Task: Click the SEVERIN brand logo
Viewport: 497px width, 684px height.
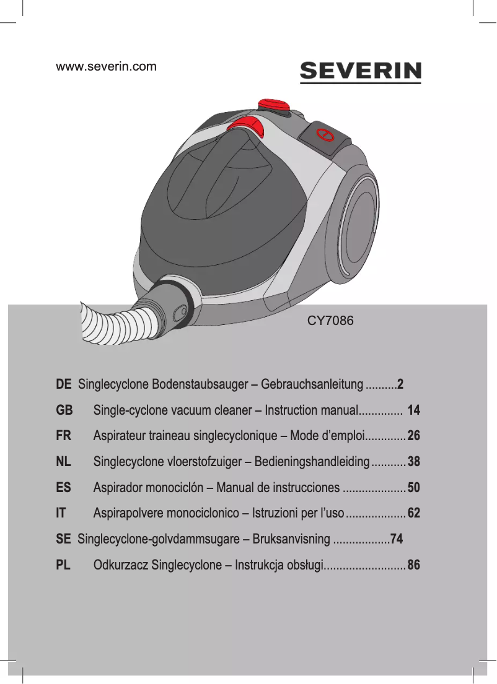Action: [360, 72]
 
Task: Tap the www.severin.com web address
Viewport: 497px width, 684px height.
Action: [106, 66]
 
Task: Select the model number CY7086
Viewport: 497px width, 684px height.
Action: [330, 321]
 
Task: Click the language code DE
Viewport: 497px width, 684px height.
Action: [64, 384]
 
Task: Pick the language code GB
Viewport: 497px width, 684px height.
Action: [64, 410]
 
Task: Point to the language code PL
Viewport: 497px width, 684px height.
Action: [63, 565]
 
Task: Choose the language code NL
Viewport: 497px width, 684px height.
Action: [63, 462]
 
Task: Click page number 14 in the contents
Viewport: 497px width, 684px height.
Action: [413, 410]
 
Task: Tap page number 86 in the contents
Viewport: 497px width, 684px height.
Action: [413, 565]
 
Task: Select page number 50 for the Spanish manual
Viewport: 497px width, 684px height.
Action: [413, 487]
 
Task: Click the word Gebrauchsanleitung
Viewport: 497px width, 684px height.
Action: [312, 385]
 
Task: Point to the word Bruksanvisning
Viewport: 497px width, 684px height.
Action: [291, 539]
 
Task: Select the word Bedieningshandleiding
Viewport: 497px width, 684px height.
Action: [312, 462]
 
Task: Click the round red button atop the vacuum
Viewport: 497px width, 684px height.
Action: [274, 105]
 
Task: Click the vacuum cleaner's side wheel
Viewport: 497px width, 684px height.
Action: [359, 227]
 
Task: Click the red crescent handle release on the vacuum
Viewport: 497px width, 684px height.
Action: [246, 126]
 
